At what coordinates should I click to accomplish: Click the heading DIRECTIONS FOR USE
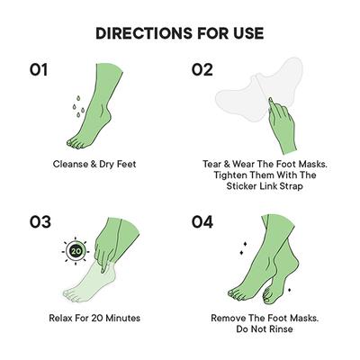click(180, 33)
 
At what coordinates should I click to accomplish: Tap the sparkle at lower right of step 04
click(289, 290)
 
